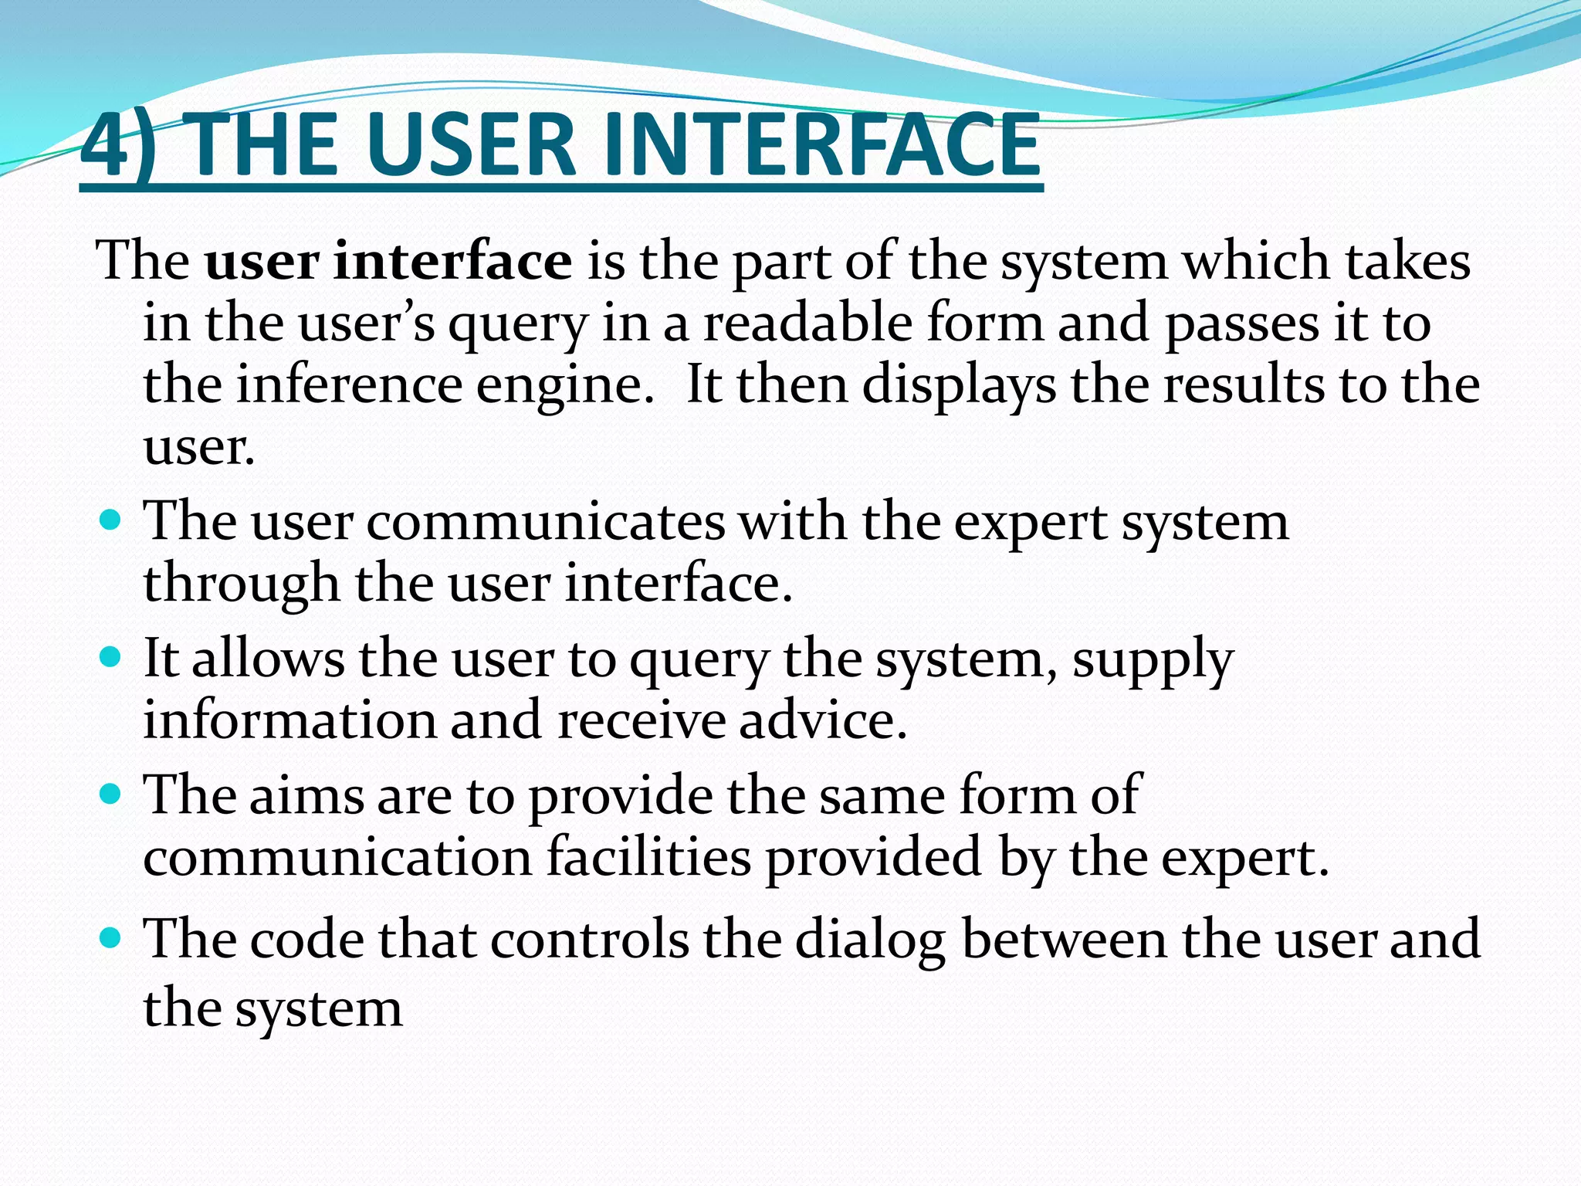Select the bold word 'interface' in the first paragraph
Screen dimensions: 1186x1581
pos(453,261)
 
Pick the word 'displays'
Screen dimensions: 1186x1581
pos(958,386)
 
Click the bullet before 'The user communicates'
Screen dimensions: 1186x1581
pos(112,520)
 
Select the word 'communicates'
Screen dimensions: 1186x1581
pos(546,522)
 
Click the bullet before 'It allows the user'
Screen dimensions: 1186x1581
pos(112,657)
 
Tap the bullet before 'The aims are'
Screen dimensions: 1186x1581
pos(112,793)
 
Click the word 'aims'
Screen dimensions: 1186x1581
pos(306,795)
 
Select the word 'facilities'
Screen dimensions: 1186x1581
pos(648,857)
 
